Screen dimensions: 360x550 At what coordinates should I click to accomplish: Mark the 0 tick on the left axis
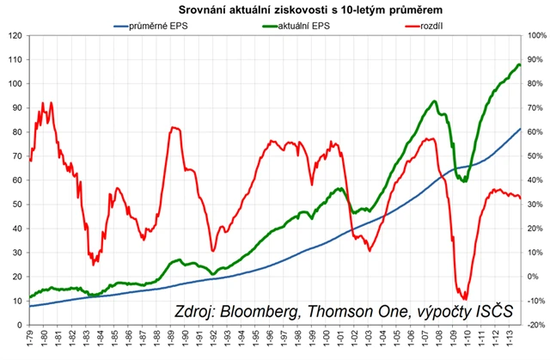(18, 325)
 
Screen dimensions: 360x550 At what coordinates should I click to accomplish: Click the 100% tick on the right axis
(536, 35)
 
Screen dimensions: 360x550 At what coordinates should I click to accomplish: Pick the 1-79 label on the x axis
(31, 342)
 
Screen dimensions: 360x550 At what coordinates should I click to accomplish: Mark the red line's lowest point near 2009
(465, 299)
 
